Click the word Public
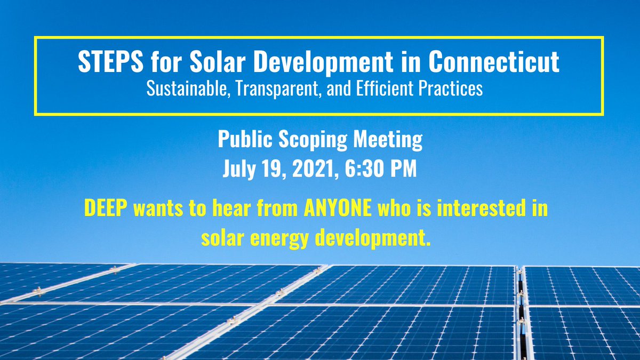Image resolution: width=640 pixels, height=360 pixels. (241, 141)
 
